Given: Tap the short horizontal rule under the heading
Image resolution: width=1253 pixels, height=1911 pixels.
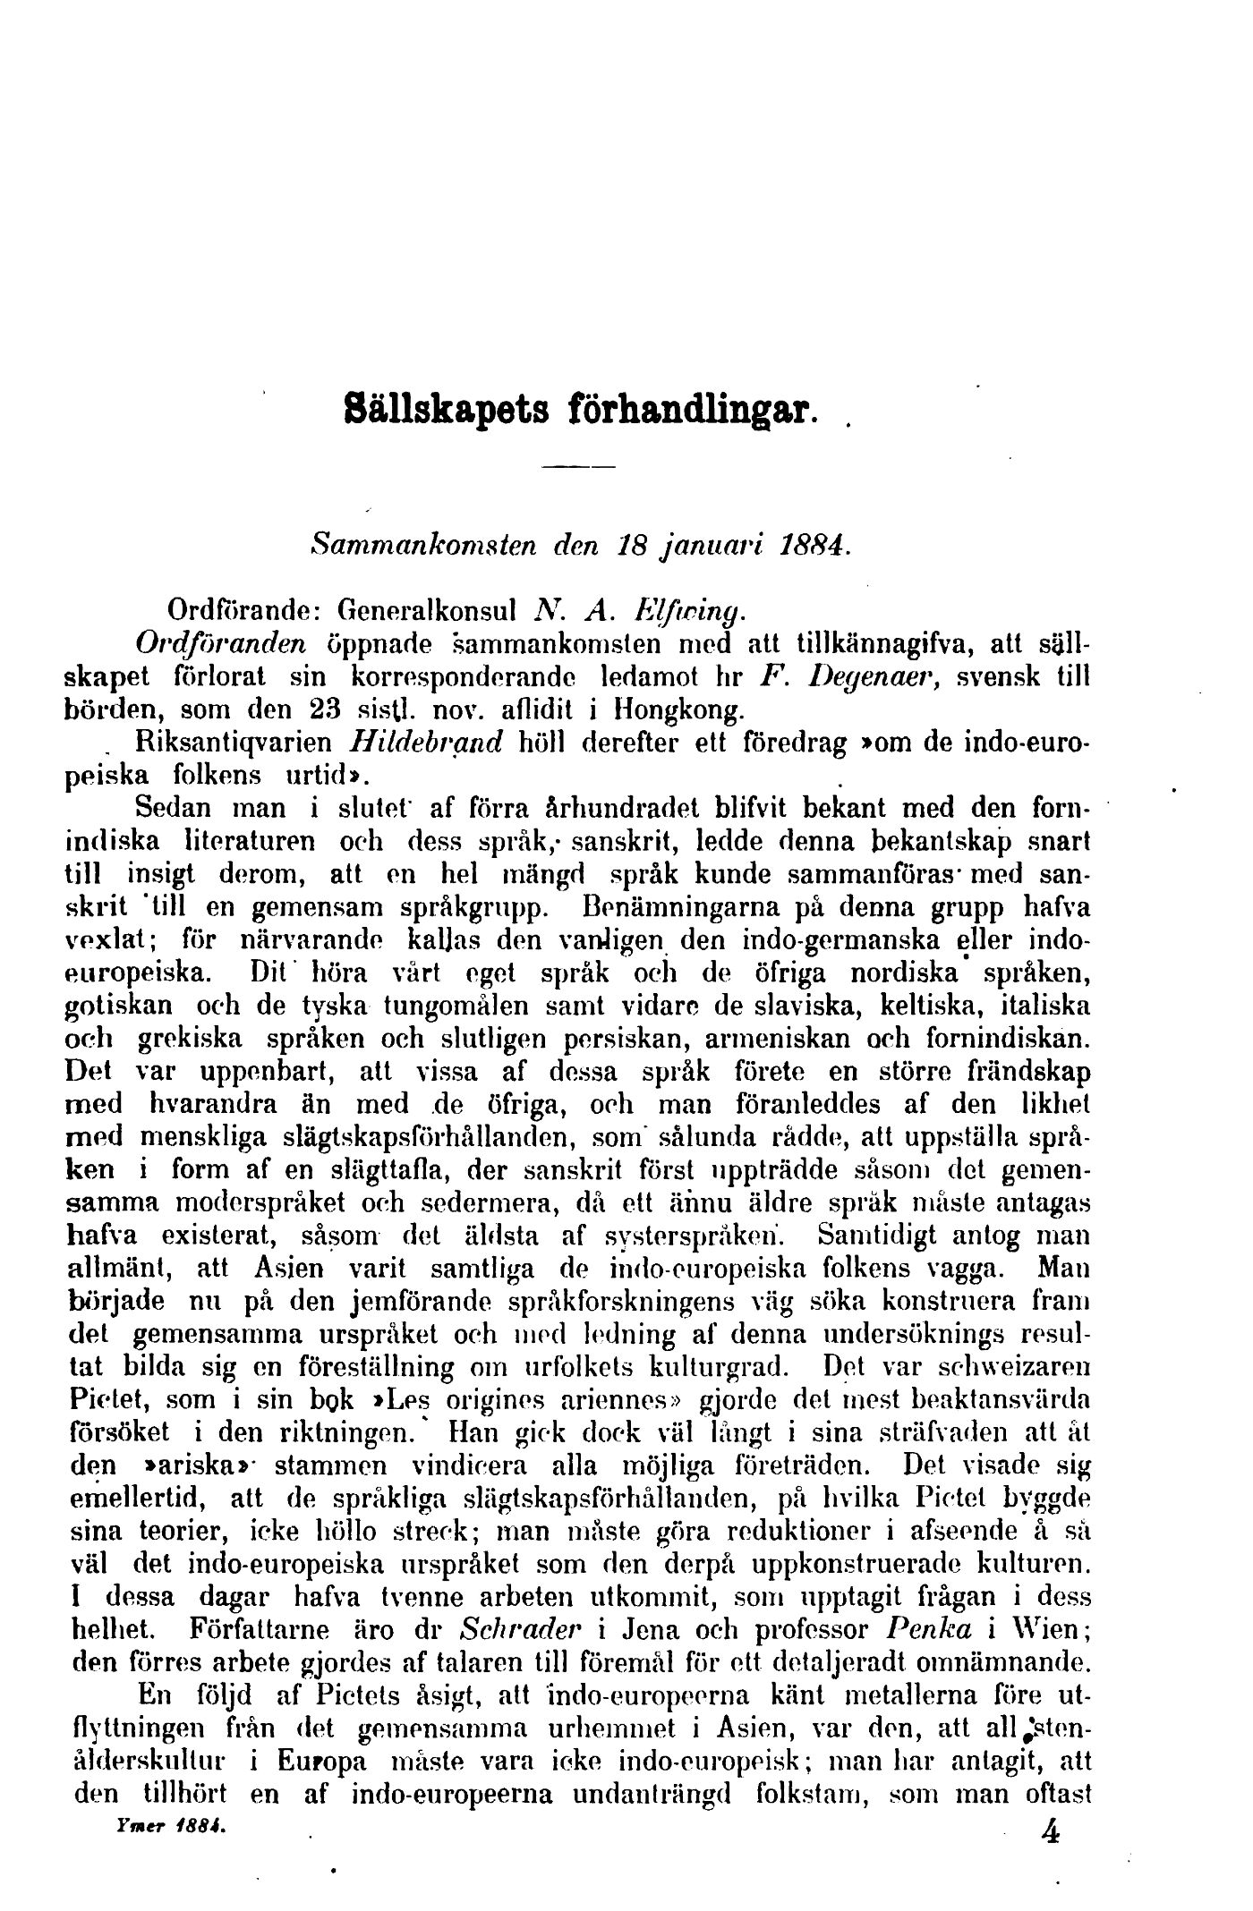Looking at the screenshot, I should [x=581, y=467].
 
